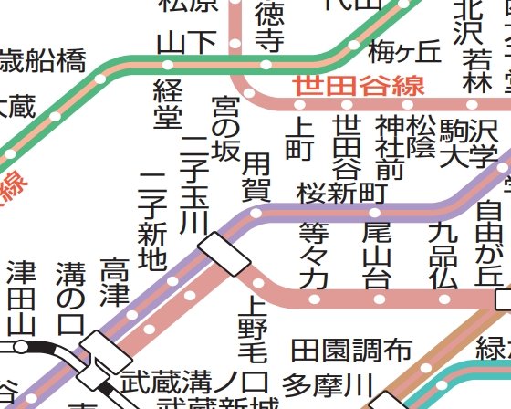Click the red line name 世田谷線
(359, 87)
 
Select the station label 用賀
(256, 178)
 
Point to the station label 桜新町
(339, 193)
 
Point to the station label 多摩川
(323, 383)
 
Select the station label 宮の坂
(225, 125)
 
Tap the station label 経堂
(167, 101)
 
